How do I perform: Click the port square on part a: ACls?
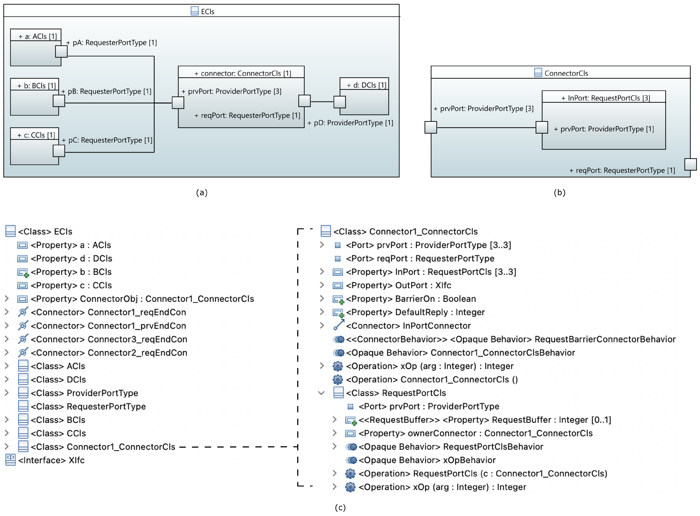(x=61, y=51)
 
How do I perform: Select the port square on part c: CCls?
(x=59, y=151)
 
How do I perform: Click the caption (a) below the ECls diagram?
(x=202, y=192)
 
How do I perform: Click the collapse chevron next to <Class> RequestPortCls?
(x=321, y=393)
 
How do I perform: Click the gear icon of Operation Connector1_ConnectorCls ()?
(x=338, y=380)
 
